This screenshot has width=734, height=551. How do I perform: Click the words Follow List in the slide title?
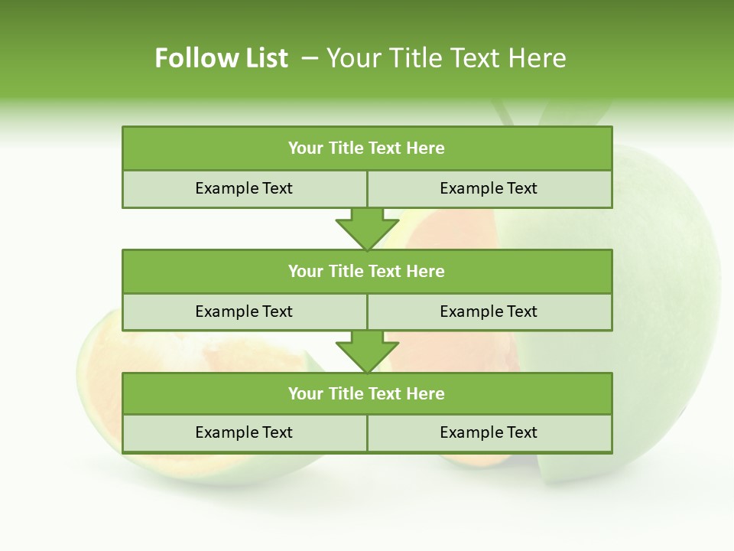pos(222,58)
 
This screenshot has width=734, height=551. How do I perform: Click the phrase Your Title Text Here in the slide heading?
pos(446,58)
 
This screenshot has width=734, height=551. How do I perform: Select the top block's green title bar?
pos(367,148)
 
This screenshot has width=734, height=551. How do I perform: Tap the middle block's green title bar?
pos(367,271)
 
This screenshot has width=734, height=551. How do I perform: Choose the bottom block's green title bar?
pos(367,393)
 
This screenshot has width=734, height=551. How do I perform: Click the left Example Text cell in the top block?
pos(244,188)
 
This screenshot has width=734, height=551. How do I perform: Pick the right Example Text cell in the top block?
pos(489,188)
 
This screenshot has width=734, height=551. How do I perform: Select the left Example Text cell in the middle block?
pos(244,311)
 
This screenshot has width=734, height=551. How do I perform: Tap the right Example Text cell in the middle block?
pos(489,311)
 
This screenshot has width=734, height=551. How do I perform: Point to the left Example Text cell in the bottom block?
pos(244,432)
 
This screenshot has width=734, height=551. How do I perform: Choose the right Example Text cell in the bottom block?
pos(489,432)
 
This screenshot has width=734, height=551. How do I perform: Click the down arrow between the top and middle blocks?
pos(367,229)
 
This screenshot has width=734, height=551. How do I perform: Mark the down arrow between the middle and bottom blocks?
pos(367,352)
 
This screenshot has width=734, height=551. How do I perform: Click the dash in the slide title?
pos(310,58)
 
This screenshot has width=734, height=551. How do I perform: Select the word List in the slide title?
pos(265,58)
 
